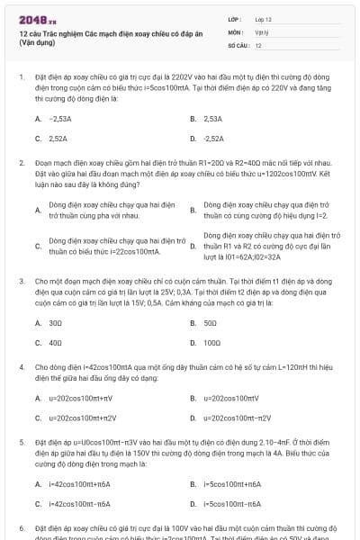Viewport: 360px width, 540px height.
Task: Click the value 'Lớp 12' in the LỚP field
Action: coord(264,18)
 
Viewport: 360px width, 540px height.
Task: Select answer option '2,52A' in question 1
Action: coord(58,139)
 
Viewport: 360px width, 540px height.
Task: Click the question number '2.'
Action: coord(22,163)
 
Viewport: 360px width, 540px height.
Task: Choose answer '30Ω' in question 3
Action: coord(55,322)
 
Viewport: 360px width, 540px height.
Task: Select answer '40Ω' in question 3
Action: coord(55,343)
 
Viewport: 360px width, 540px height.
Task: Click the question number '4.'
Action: coord(22,367)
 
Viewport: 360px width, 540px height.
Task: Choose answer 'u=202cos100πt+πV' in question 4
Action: coord(79,397)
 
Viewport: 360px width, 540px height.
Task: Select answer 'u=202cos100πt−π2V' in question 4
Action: coord(237,418)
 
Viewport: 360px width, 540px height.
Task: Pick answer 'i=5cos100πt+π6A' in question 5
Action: coord(231,483)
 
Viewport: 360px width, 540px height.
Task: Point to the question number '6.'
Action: coord(22,528)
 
